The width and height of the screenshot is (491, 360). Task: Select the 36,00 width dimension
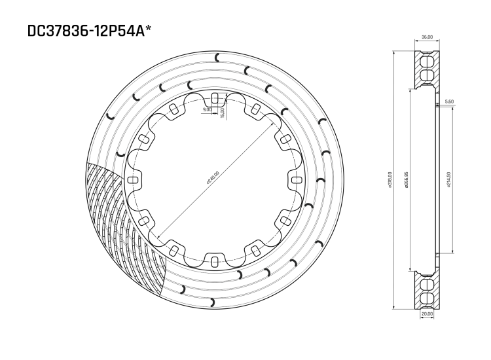426,37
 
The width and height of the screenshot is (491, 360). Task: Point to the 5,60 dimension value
449,101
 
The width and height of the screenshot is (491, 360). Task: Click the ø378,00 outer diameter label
391,179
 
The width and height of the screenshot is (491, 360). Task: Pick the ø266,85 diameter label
408,179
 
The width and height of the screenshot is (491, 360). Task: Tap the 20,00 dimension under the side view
426,314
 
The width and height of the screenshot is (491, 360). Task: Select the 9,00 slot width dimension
208,110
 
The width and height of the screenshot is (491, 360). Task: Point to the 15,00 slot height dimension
223,112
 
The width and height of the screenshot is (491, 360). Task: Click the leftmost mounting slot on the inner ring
132,180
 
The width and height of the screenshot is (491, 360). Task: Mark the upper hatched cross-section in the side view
426,69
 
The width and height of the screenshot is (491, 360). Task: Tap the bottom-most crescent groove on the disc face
212,302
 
